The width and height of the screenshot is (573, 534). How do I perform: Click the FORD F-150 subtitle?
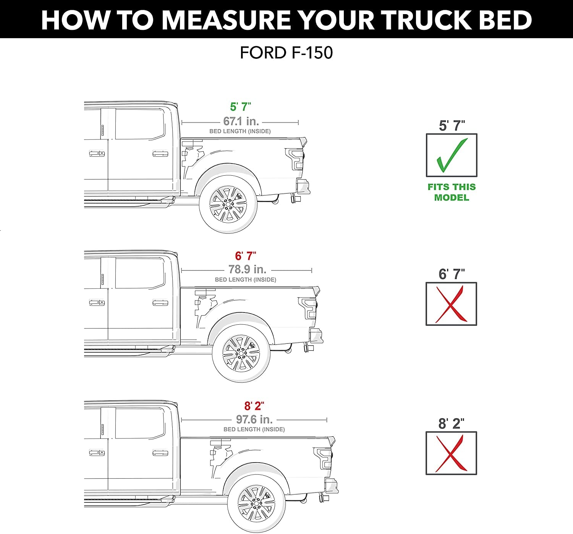point(286,53)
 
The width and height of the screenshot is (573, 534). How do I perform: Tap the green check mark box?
point(452,155)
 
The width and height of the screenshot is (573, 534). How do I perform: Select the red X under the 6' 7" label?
point(451,304)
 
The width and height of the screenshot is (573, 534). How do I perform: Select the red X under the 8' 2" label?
point(451,453)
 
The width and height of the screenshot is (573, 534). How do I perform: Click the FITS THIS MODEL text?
point(452,192)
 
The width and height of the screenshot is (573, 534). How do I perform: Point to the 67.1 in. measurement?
point(241,121)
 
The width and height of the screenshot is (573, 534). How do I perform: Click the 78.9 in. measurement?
point(247,269)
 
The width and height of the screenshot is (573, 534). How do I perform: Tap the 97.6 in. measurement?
point(254,419)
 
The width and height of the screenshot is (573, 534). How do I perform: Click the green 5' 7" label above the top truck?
point(240,107)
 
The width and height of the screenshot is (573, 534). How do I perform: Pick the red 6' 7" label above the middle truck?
point(246,256)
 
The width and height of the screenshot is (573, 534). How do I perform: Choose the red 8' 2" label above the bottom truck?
point(254,406)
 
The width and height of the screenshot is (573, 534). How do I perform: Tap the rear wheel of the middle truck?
point(241,353)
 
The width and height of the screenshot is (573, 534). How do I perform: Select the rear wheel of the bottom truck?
point(256,503)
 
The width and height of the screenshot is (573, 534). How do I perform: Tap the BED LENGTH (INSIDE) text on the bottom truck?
point(254,429)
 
